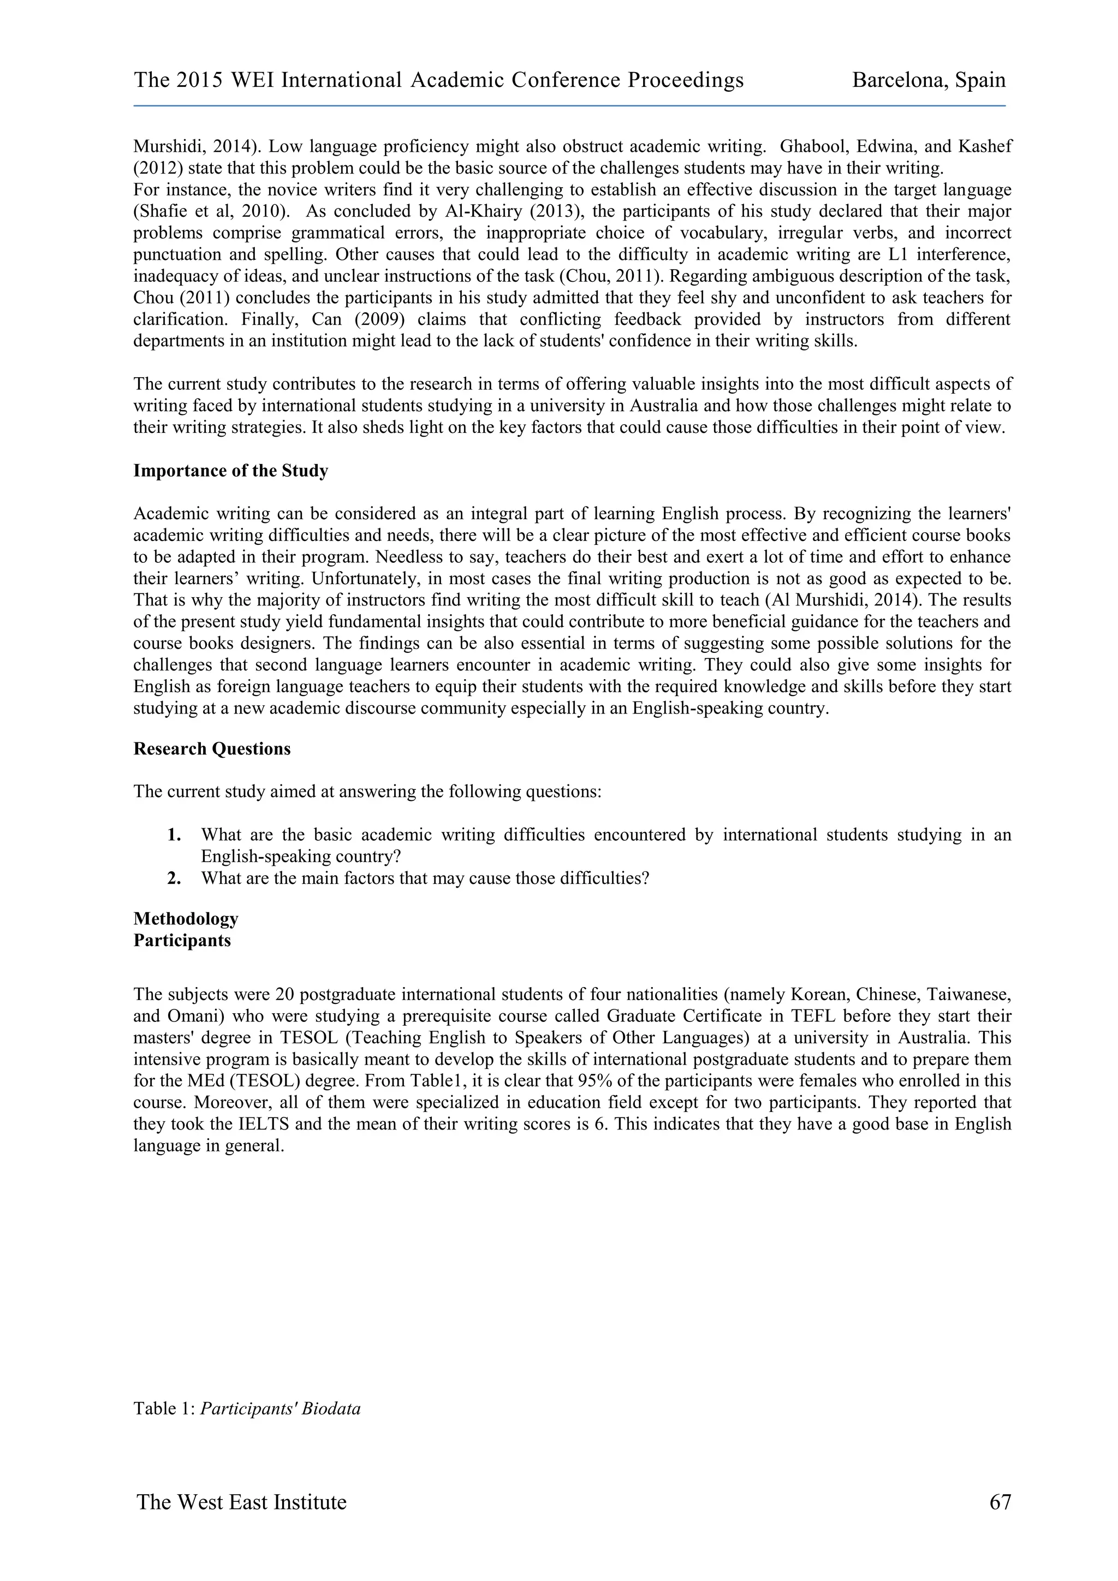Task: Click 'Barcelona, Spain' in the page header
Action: [928, 81]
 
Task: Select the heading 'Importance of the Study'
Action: [230, 471]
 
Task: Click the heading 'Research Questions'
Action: [212, 748]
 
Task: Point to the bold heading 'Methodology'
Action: [186, 919]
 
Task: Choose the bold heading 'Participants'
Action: [182, 940]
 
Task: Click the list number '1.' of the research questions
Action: [174, 835]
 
